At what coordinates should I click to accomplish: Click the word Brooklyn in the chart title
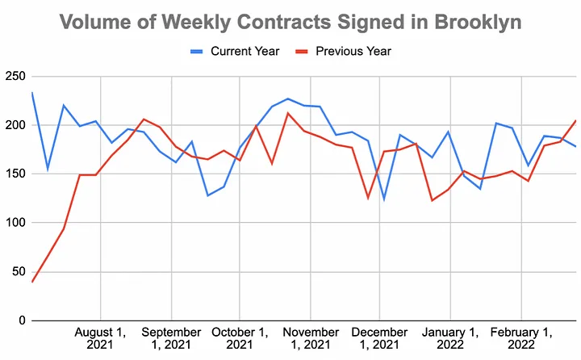click(x=473, y=22)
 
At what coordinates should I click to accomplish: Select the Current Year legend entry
click(x=235, y=52)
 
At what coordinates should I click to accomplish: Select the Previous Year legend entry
click(x=354, y=52)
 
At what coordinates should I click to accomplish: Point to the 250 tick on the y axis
click(x=15, y=77)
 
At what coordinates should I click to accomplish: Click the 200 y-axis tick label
click(x=15, y=125)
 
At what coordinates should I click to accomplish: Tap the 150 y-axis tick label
click(x=15, y=174)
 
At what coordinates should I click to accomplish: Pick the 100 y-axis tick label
click(x=15, y=223)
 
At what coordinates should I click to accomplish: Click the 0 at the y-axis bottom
click(x=21, y=320)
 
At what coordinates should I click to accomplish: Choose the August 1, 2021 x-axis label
click(x=101, y=338)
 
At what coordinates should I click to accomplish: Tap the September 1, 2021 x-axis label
click(x=170, y=338)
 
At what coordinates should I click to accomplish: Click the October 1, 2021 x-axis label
click(x=240, y=338)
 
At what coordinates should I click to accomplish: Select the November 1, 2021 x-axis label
click(x=311, y=338)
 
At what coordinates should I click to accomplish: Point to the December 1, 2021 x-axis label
click(x=380, y=338)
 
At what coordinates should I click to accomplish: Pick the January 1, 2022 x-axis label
click(x=451, y=338)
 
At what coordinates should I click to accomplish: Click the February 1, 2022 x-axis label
click(x=521, y=338)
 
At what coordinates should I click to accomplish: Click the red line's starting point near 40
click(x=32, y=282)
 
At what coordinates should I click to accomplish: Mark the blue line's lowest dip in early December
click(x=384, y=199)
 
